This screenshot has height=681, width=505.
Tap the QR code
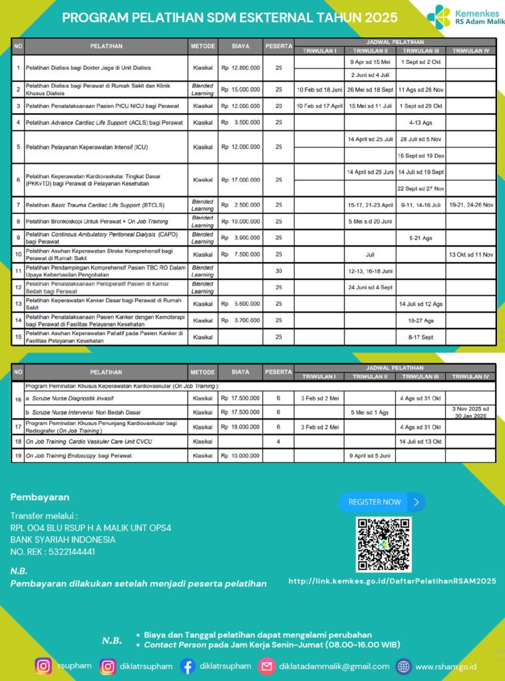384,544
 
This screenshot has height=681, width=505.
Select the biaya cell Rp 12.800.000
240,68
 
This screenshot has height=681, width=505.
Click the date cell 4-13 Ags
421,122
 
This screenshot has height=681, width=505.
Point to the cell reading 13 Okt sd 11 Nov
471,254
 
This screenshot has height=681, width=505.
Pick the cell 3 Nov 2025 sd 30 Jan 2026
471,412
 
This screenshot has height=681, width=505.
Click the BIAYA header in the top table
240,46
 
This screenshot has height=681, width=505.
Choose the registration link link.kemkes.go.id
393,581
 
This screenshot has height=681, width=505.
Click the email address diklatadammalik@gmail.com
334,666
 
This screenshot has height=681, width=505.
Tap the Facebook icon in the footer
188,666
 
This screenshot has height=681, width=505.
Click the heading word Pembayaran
40,497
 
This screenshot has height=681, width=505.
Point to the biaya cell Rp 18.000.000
240,427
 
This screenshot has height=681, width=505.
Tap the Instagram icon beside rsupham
44,666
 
